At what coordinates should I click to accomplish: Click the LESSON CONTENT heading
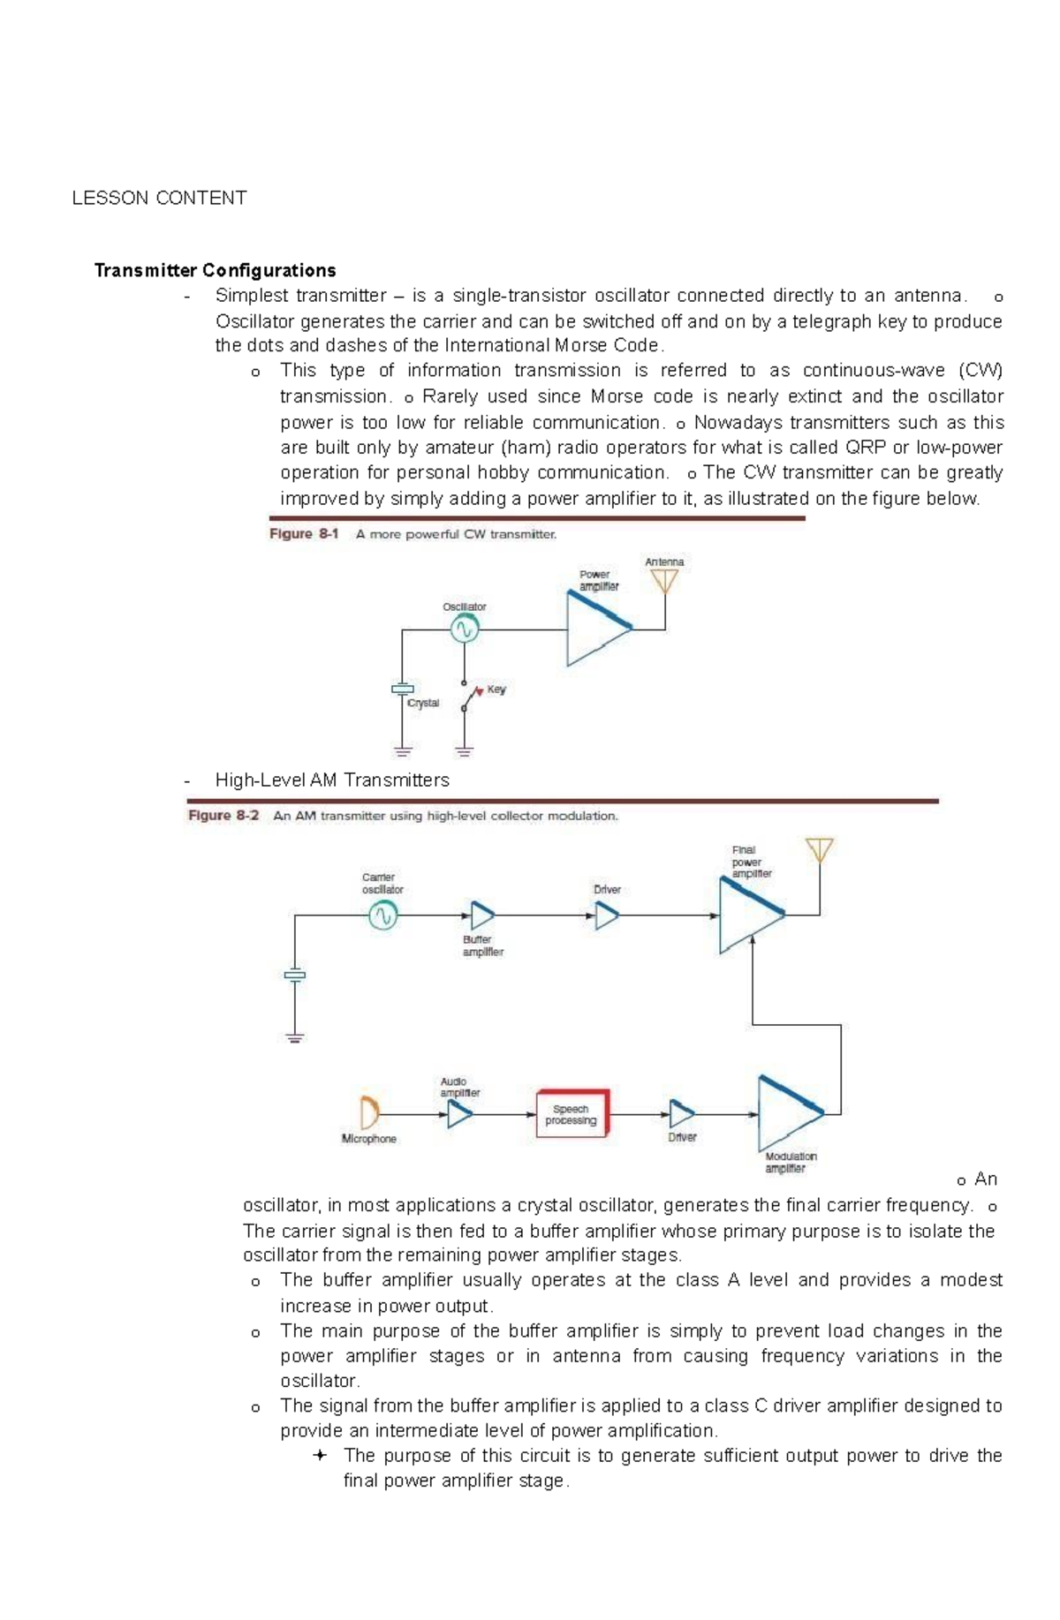pyautogui.click(x=159, y=198)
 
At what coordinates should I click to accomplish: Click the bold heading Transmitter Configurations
pyautogui.click(x=215, y=270)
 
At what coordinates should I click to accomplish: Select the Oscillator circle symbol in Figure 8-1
pyautogui.click(x=465, y=629)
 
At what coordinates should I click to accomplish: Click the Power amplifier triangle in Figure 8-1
pyautogui.click(x=594, y=629)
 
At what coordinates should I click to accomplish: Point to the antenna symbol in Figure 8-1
pyautogui.click(x=664, y=582)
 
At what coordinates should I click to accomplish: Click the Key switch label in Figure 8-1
pyautogui.click(x=496, y=689)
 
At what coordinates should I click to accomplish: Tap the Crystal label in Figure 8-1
pyautogui.click(x=423, y=704)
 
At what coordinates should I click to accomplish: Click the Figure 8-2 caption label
pyautogui.click(x=223, y=816)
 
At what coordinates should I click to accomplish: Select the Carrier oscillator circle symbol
pyautogui.click(x=382, y=916)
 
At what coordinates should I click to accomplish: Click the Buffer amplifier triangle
pyautogui.click(x=481, y=915)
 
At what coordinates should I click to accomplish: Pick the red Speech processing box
pyautogui.click(x=572, y=1114)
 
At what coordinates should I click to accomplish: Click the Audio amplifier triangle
pyautogui.click(x=459, y=1114)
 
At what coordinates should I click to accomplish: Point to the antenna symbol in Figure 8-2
pyautogui.click(x=820, y=850)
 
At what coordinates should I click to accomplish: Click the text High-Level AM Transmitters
pyautogui.click(x=332, y=780)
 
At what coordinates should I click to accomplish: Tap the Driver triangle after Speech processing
pyautogui.click(x=680, y=1114)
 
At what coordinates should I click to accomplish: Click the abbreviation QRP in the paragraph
pyautogui.click(x=866, y=448)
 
